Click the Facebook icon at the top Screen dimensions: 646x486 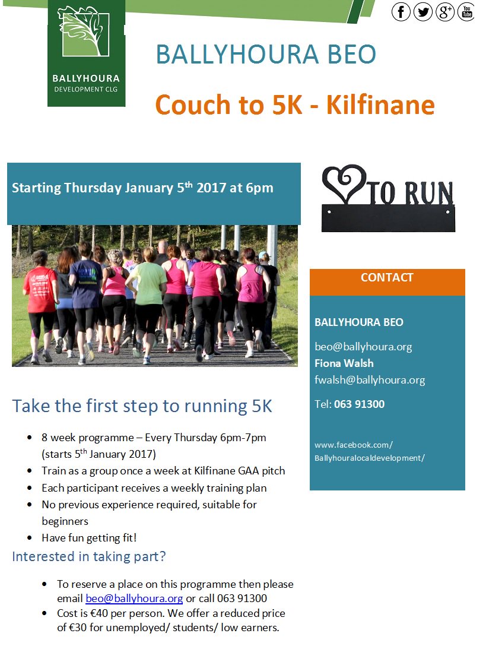[401, 11]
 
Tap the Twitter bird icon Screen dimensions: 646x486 [423, 11]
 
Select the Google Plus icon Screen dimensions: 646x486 [445, 11]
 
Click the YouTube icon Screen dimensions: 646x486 [466, 11]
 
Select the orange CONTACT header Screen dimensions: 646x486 [387, 278]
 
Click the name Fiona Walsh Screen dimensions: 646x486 [344, 363]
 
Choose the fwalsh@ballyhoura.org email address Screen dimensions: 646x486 [370, 380]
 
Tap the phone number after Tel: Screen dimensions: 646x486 [359, 404]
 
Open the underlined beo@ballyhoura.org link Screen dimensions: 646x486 [134, 598]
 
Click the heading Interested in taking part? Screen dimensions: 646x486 [89, 557]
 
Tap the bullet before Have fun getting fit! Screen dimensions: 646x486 [30, 538]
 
